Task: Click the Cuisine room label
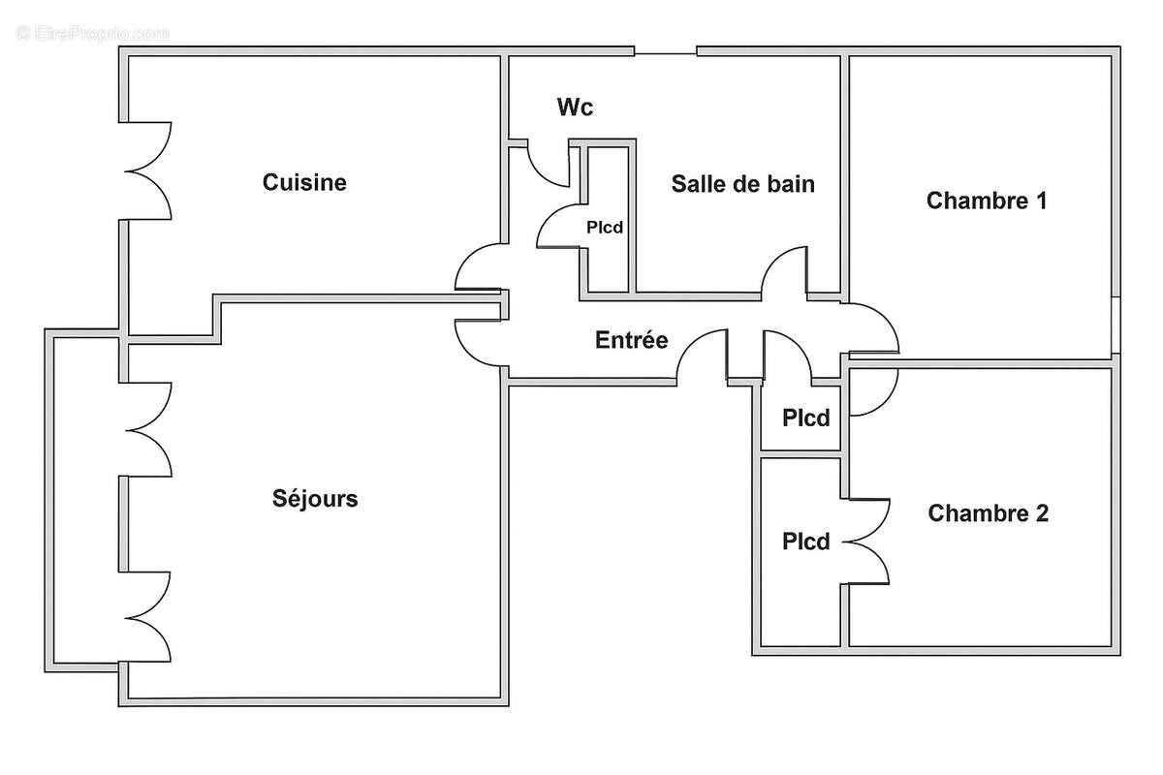click(304, 182)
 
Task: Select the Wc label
click(574, 108)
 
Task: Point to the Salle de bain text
click(742, 184)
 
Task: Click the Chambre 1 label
click(987, 201)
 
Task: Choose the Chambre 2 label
click(988, 513)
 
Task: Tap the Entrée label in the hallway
click(631, 340)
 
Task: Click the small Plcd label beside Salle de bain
click(604, 229)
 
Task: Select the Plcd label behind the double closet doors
click(806, 542)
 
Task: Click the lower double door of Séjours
click(148, 615)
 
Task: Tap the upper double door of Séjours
click(148, 429)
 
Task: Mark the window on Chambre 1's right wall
click(1116, 324)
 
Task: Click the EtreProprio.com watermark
click(92, 33)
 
